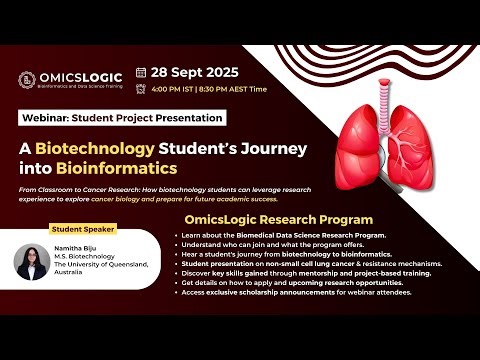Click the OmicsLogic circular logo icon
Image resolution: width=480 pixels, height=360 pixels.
[x=29, y=78]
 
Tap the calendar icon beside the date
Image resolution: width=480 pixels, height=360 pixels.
[x=141, y=73]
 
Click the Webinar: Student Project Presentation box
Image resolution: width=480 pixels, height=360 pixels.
[x=114, y=117]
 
